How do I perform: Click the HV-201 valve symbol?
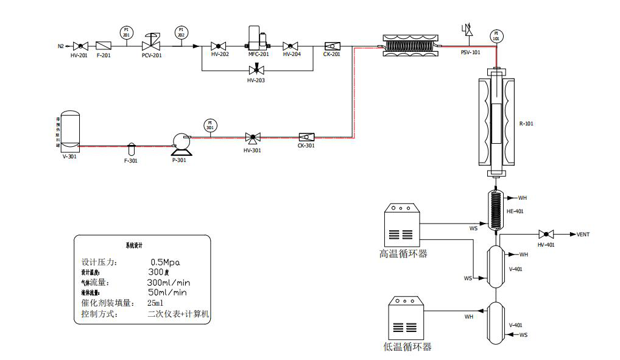coord(80,46)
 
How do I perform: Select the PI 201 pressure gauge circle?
coord(126,31)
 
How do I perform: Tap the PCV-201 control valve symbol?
coord(150,44)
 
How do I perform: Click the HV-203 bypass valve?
coord(256,70)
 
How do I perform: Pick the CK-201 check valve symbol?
coord(332,46)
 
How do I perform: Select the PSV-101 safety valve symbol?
coord(469,30)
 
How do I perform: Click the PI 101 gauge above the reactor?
coord(496,36)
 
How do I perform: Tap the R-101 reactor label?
coord(526,124)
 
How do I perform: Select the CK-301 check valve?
coord(306,137)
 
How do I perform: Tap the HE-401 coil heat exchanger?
coord(497,211)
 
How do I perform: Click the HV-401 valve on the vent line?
coord(546,234)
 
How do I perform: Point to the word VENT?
coord(583,235)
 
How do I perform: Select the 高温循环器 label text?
coord(403,253)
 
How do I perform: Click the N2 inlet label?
coord(61,46)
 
